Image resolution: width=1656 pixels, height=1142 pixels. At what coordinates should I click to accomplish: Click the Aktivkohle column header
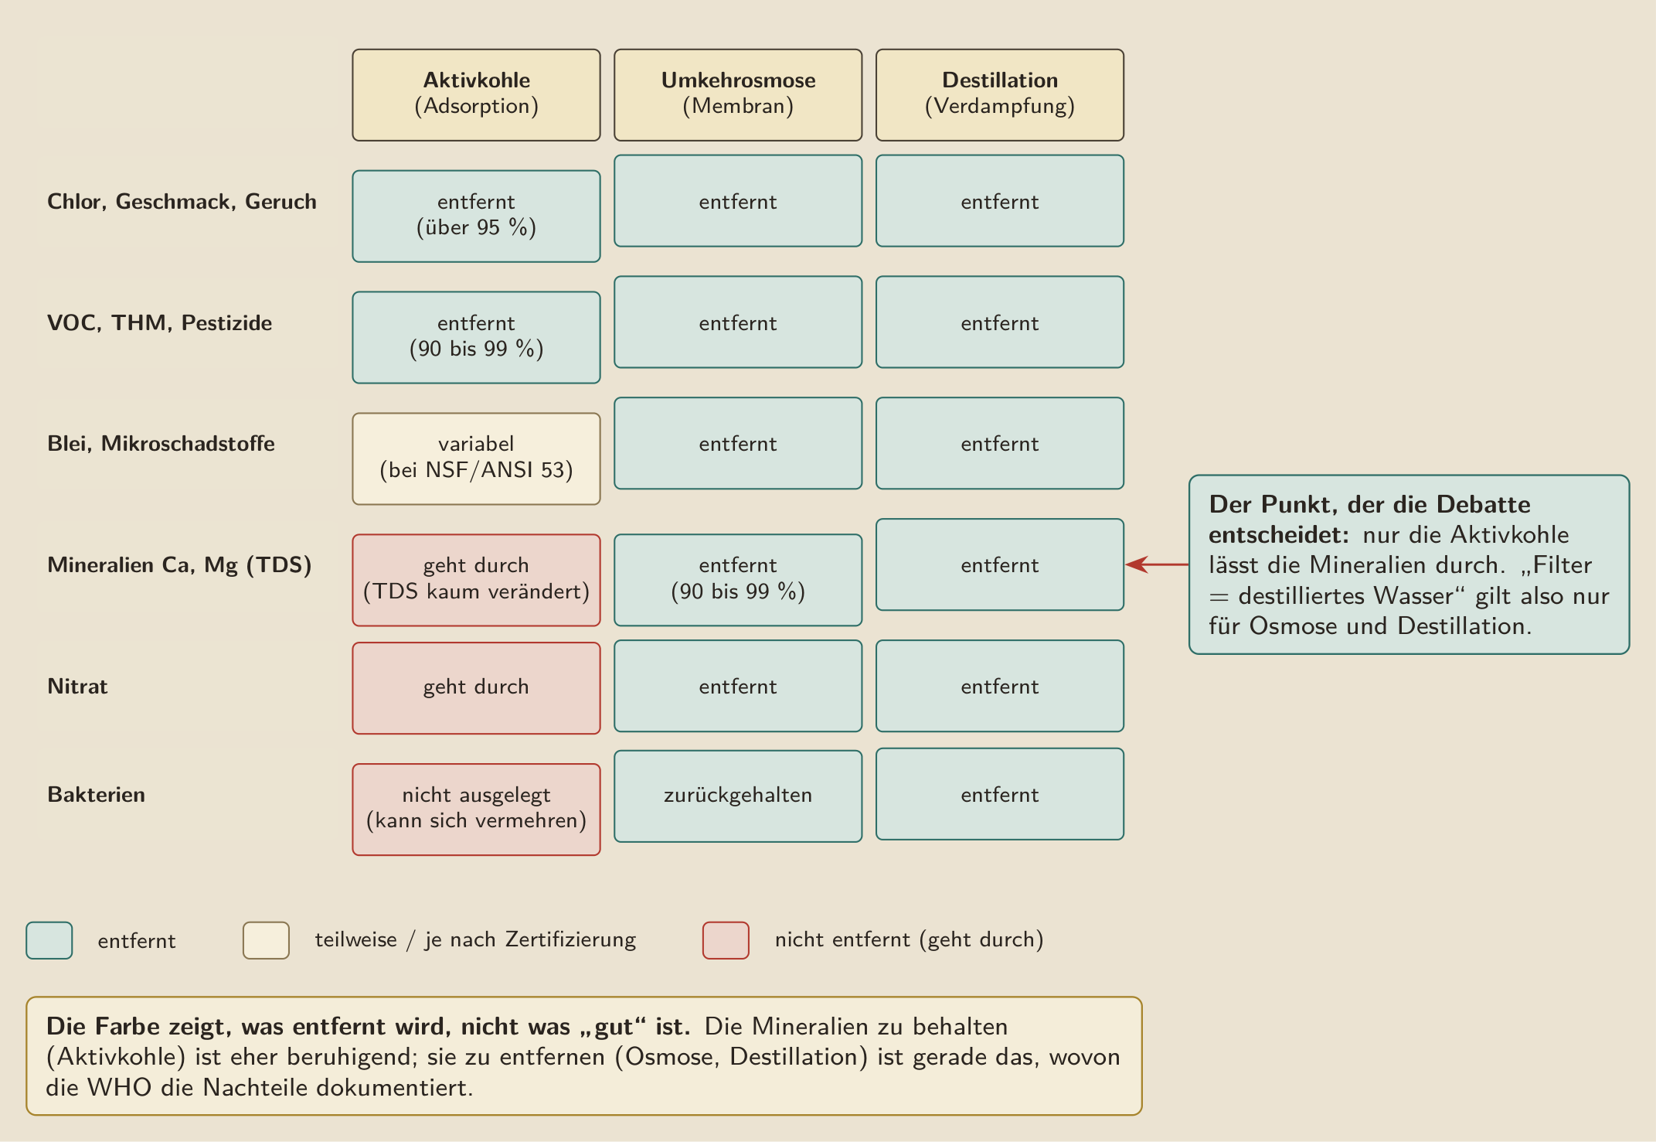[476, 95]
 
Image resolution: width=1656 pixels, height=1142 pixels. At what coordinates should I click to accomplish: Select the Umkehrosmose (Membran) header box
[738, 95]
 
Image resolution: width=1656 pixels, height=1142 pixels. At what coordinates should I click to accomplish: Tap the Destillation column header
[1000, 95]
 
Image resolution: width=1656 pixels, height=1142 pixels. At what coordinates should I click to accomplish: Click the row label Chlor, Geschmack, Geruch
[182, 202]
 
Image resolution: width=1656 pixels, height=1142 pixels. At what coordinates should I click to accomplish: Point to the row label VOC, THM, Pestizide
[159, 322]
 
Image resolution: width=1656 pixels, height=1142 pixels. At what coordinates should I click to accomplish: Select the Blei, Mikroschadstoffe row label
[161, 443]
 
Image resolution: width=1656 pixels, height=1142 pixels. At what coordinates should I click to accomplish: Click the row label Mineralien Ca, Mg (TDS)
[179, 565]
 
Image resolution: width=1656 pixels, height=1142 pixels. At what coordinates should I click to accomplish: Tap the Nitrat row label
[77, 687]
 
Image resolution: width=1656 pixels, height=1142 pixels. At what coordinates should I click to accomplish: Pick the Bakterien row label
[96, 795]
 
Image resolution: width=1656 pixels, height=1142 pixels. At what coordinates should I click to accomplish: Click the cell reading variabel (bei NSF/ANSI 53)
[476, 459]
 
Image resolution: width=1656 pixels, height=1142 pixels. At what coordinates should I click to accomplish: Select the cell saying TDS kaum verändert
[476, 580]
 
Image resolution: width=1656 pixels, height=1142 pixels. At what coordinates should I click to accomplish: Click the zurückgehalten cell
[738, 796]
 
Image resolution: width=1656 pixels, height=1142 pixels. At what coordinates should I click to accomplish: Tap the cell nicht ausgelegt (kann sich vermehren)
[476, 810]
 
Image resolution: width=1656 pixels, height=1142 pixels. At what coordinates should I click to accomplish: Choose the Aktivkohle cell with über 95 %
[476, 216]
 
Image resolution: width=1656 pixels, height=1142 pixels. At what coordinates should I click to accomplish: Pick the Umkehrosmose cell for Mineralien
[738, 580]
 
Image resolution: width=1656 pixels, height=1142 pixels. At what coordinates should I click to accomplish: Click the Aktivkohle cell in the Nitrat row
[476, 688]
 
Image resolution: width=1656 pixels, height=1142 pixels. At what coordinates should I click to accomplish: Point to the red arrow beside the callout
[1157, 564]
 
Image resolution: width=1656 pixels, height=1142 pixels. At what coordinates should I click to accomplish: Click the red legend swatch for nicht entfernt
[726, 940]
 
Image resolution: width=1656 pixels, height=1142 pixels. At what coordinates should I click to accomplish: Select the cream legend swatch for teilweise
[266, 940]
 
